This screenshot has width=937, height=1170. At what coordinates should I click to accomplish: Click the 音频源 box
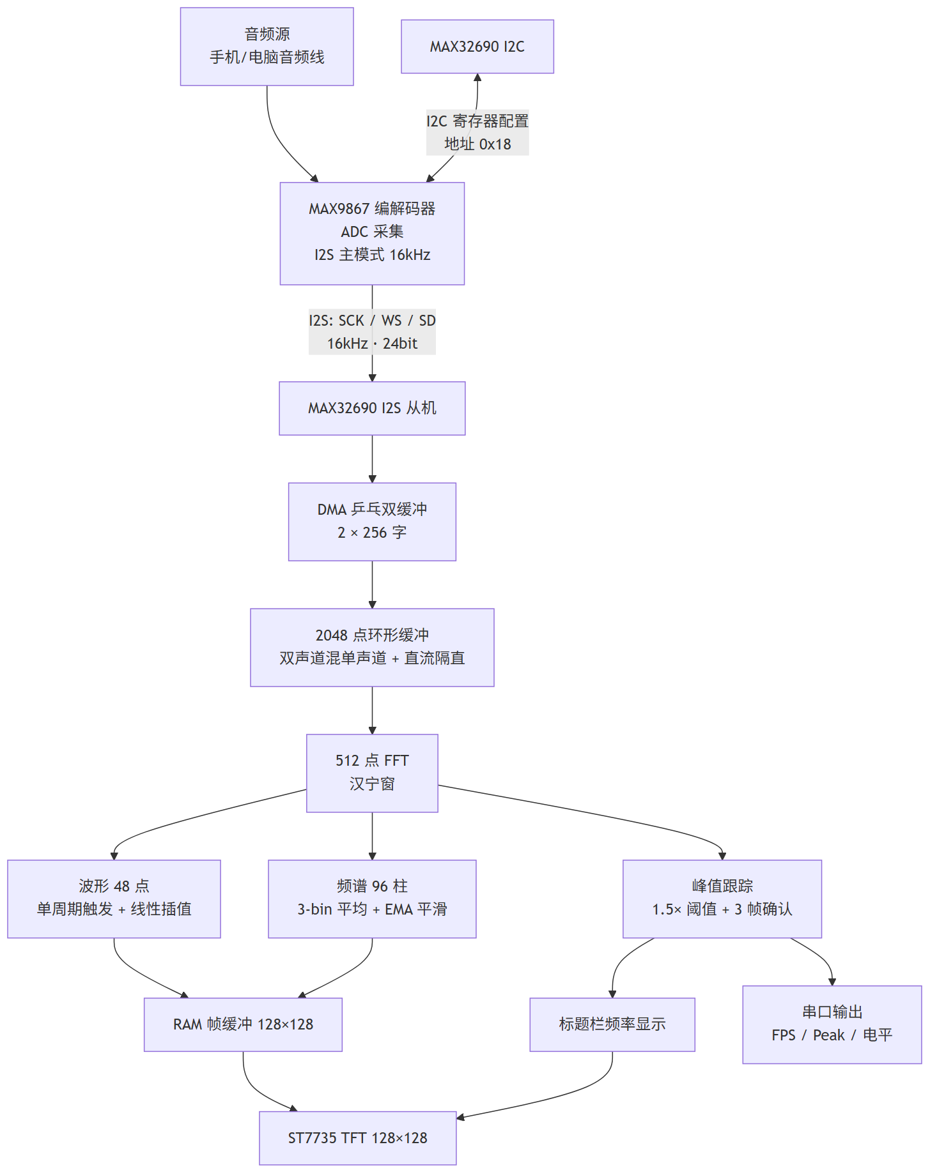pos(267,47)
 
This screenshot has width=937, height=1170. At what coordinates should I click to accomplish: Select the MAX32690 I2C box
pos(477,47)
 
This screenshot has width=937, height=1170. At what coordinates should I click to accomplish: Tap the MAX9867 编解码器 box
pos(372,234)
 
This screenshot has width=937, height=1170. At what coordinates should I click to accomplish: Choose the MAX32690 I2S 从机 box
pos(372,408)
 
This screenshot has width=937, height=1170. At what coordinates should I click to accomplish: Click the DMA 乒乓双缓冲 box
pos(372,522)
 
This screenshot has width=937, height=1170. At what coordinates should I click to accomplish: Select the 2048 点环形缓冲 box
pos(372,648)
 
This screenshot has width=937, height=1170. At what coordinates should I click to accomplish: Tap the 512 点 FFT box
pos(372,773)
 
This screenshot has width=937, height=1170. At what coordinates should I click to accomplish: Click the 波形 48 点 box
pos(114,899)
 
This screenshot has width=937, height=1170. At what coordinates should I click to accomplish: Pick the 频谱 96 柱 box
pos(372,899)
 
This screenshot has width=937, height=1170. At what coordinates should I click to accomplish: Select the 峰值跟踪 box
pos(722,899)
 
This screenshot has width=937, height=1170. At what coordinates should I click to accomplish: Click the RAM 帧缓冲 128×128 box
pos(243,1024)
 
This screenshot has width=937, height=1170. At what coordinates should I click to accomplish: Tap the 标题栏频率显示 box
pos(612,1024)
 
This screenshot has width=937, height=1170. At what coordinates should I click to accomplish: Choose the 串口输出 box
pos(832,1024)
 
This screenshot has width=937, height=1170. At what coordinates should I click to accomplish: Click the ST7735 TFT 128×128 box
pos(358,1138)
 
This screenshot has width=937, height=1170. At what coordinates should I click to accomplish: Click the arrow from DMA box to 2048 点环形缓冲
pos(372,585)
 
